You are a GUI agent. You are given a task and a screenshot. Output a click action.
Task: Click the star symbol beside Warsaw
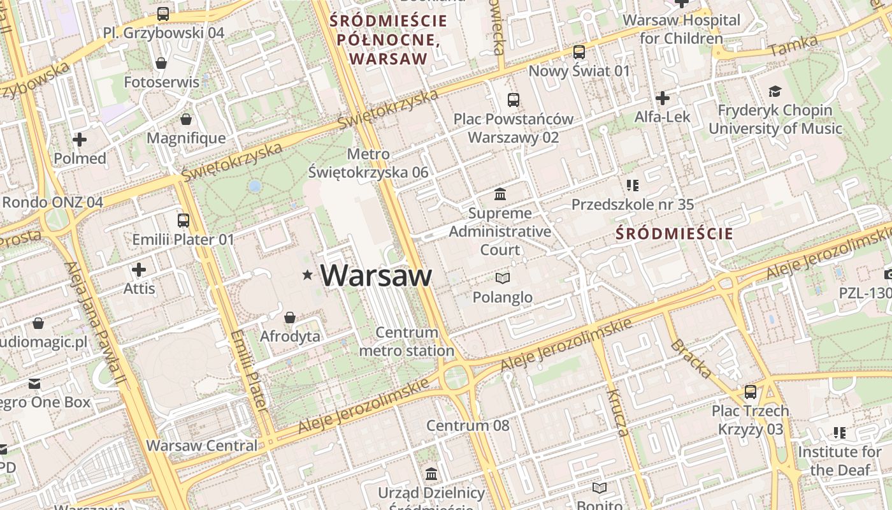point(308,275)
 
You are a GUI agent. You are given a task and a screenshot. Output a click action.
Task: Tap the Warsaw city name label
point(376,275)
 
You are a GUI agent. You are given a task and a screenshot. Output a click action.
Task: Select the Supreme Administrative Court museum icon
point(500,194)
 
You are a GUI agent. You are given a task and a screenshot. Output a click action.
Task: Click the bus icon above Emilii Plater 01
point(183,221)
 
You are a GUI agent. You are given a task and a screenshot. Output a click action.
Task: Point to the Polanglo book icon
point(503,278)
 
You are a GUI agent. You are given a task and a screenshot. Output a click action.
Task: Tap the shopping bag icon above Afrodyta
point(290,317)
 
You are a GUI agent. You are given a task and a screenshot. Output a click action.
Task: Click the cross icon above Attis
point(139,270)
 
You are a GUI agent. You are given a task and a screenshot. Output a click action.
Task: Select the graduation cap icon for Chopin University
point(775,92)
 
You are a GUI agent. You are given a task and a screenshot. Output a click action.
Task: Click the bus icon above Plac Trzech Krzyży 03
point(751,391)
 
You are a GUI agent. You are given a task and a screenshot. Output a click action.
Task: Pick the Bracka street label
point(690,359)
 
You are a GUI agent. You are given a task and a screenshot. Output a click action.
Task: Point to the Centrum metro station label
point(406,342)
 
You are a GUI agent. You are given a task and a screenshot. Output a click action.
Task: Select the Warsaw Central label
point(202,446)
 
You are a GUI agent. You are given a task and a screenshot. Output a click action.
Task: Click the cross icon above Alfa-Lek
point(663,98)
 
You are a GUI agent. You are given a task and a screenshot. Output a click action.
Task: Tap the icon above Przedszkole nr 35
point(632,186)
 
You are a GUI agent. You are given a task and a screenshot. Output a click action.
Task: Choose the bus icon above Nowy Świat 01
point(579,52)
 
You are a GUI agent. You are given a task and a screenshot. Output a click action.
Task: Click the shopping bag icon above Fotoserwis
point(161,63)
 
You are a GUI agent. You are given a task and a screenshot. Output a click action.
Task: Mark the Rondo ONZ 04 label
point(52,202)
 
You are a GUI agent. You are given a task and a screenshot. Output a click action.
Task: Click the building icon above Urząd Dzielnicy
point(431,474)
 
